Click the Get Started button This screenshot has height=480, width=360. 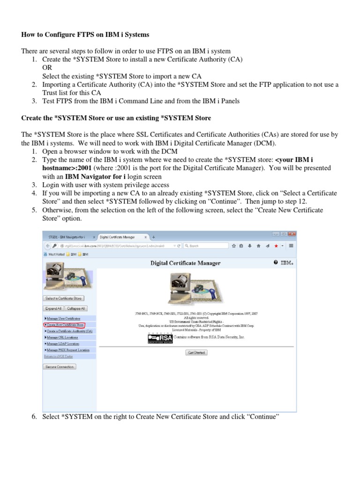(197, 352)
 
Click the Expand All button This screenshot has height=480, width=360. (52, 308)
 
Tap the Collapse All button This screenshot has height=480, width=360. (75, 308)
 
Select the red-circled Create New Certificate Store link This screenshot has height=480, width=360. (65, 324)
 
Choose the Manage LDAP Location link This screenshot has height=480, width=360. (61, 344)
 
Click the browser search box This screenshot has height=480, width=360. (206, 245)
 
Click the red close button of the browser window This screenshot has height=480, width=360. (291, 234)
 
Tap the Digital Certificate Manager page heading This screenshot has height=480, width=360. (185, 263)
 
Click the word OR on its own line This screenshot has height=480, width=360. (47, 67)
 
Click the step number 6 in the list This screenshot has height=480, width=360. (34, 416)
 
